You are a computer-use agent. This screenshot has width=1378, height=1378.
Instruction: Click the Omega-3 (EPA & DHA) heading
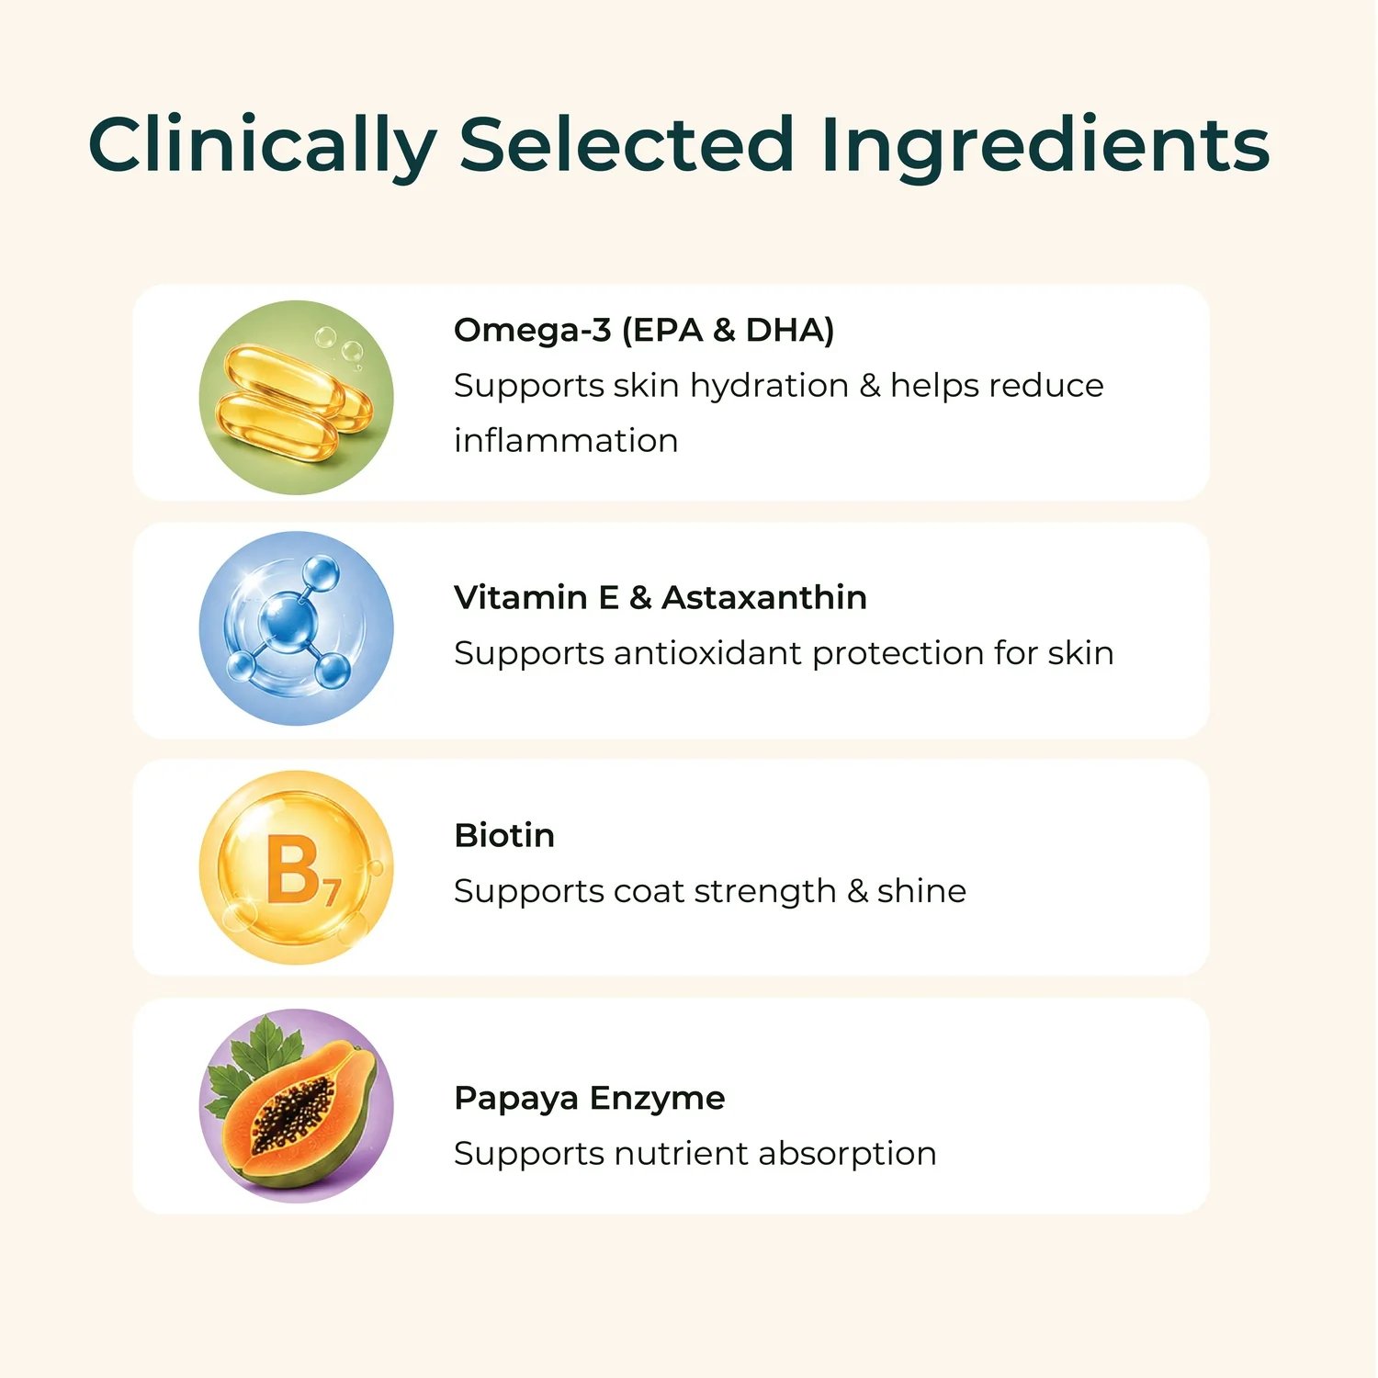(644, 330)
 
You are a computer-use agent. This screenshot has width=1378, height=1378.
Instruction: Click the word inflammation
(566, 440)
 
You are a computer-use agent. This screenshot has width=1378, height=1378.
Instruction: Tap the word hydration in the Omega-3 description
(769, 387)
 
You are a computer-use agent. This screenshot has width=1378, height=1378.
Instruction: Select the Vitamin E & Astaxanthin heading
(661, 597)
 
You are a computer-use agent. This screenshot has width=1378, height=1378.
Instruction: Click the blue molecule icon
(296, 628)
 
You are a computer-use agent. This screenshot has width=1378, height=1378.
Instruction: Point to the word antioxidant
(707, 653)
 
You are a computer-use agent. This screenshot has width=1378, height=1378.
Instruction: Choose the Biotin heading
(504, 835)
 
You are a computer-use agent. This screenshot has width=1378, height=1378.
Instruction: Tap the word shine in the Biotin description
(921, 890)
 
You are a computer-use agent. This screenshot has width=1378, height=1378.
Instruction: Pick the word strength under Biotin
(764, 892)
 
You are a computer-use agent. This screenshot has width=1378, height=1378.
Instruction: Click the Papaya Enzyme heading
(590, 1099)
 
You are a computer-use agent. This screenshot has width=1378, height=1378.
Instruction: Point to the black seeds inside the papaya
(294, 1112)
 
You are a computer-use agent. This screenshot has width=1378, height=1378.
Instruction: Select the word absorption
(847, 1155)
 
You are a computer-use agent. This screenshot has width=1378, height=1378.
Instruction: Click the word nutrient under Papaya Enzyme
(681, 1154)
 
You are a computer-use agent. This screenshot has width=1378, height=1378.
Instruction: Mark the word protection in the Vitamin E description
(898, 654)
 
